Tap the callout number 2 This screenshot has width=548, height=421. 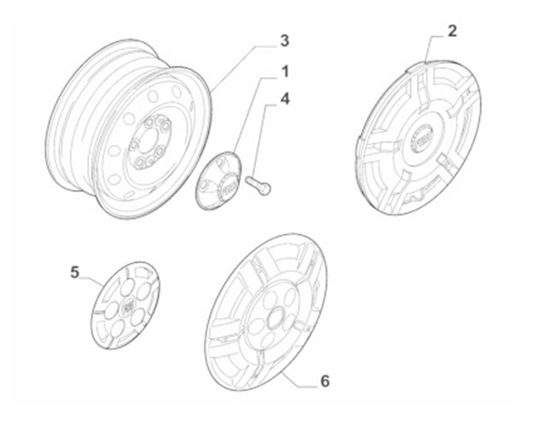pos(451,32)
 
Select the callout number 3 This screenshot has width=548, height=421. pos(284,40)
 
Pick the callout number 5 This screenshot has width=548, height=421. pos(74,272)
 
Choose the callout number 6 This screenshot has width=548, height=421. pos(324,380)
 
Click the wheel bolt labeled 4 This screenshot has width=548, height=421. pos(257,183)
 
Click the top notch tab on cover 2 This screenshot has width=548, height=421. pos(429,62)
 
